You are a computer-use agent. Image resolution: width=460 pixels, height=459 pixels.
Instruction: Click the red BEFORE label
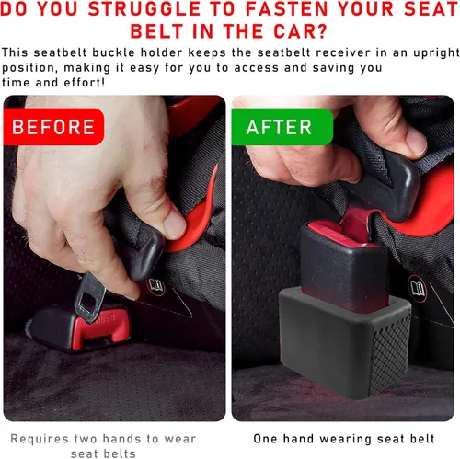coord(53,125)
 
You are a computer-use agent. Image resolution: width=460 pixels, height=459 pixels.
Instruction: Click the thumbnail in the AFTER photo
coord(411,139)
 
